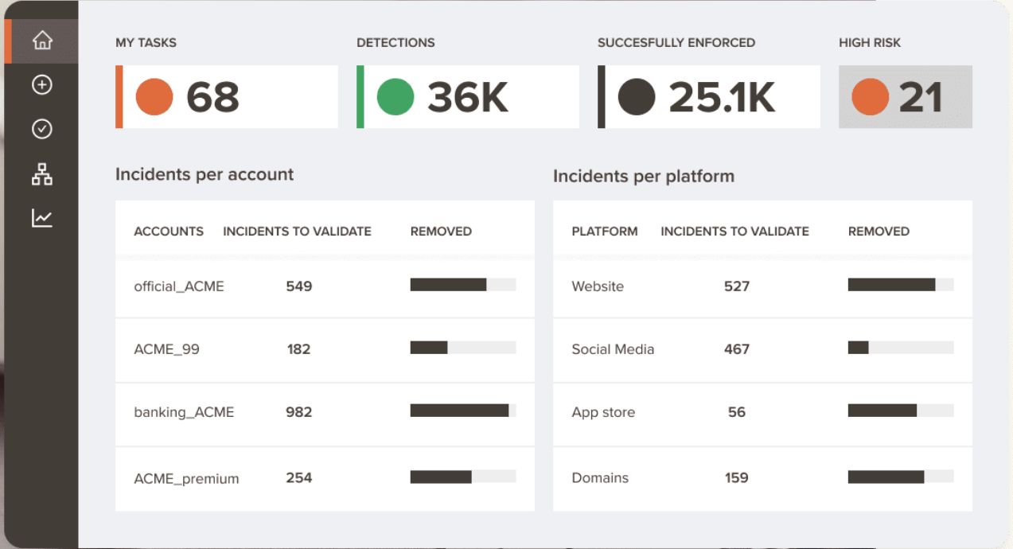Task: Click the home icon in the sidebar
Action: (x=42, y=41)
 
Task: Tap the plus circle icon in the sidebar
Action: (x=42, y=84)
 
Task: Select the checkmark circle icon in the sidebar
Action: (x=42, y=129)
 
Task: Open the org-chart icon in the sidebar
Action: (x=42, y=173)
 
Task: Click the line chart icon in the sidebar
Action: (x=42, y=218)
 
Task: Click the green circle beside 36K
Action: (x=395, y=97)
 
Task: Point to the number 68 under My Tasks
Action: (x=212, y=97)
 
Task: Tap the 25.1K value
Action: (x=722, y=97)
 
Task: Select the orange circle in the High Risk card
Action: (x=870, y=97)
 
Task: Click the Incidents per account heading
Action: (x=205, y=174)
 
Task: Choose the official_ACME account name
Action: (x=179, y=286)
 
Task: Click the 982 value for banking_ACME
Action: (x=299, y=412)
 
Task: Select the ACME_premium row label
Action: (x=186, y=479)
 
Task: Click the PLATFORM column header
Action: (x=605, y=232)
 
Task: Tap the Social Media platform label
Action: (x=613, y=349)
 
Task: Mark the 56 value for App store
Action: (x=737, y=412)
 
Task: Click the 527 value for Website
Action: (x=737, y=286)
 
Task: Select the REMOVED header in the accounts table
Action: (x=441, y=232)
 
